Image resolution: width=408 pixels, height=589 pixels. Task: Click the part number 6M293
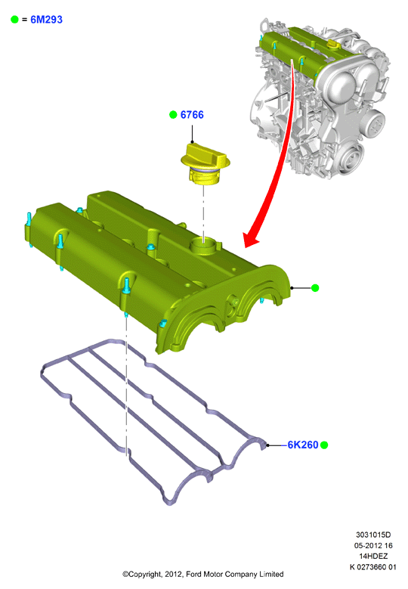(x=46, y=20)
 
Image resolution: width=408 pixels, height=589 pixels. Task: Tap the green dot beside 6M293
(x=14, y=20)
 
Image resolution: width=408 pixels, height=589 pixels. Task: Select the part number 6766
(x=192, y=115)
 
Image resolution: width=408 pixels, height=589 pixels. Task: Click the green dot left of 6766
(x=173, y=115)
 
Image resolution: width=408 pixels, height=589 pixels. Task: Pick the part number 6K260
(x=303, y=445)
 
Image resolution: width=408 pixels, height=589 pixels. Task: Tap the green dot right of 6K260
(x=324, y=445)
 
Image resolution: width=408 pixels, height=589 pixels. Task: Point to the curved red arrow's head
(x=251, y=239)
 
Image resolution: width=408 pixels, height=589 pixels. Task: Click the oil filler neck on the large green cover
(x=203, y=246)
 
